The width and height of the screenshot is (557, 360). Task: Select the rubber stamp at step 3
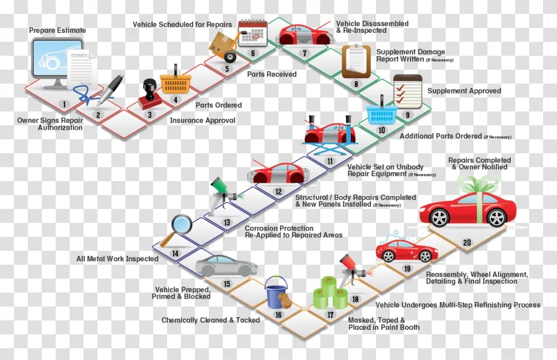(x=149, y=93)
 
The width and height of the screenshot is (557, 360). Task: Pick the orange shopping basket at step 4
(x=175, y=82)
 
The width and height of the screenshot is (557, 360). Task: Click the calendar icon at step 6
(x=253, y=32)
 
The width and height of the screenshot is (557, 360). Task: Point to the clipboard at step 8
(x=356, y=61)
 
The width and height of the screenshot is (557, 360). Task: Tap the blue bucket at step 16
(x=276, y=293)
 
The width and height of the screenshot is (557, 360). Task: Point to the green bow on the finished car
(x=478, y=183)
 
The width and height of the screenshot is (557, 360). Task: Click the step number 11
(x=330, y=161)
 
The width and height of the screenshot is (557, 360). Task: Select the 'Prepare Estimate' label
(x=57, y=30)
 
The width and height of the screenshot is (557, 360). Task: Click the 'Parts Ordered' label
(x=218, y=105)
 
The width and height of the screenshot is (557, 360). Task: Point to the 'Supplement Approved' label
(x=464, y=91)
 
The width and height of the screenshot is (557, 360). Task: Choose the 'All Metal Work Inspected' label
(x=117, y=259)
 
